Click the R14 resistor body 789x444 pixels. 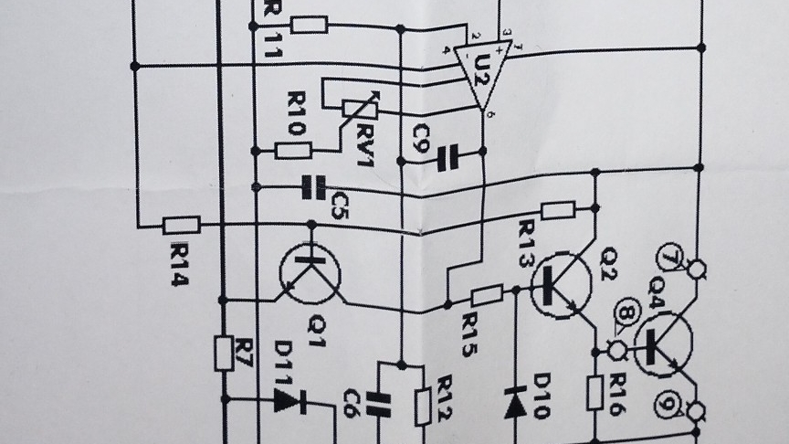[181, 225]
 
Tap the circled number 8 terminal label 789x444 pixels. [626, 314]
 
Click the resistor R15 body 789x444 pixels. [487, 294]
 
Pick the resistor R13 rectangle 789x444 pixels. [558, 211]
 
